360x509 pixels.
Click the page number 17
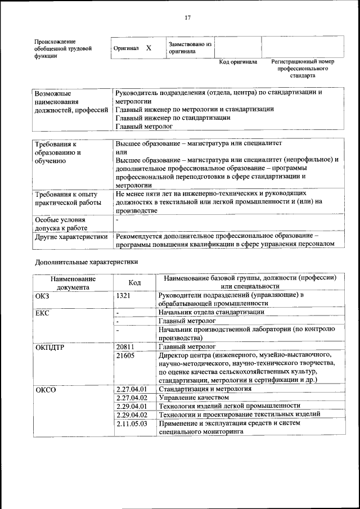coord(188,17)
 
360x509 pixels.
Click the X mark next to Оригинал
coord(148,48)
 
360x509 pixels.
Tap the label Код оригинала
coord(238,62)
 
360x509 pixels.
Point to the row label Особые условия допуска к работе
coord(60,224)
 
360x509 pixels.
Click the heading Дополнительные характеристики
coord(86,262)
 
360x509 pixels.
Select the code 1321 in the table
coord(123,295)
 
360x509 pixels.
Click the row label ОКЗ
coord(43,295)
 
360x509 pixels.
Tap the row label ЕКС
coord(43,313)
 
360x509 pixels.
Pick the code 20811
coord(125,347)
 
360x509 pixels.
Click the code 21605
coord(125,356)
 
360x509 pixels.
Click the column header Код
coord(134,282)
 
